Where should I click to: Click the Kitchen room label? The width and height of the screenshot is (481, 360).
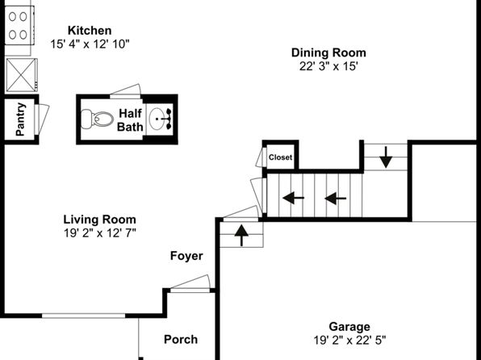pos(90,31)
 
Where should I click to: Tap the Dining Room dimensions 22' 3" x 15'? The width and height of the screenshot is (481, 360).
pos(328,66)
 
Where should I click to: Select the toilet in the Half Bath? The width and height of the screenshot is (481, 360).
pos(97,119)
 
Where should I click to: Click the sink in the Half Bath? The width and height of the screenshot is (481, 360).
pos(161,119)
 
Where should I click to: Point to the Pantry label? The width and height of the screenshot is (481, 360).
pos(20,119)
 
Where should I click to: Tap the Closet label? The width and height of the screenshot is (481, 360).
pos(280,157)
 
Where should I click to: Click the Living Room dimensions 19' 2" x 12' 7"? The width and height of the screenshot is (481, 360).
pos(100,233)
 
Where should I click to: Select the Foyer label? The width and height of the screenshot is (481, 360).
pos(186,256)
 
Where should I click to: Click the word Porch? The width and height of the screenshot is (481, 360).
pos(181,340)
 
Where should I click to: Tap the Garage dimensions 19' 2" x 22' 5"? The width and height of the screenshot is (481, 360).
pos(349,340)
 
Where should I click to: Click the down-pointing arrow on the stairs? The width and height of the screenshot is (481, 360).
pos(386,157)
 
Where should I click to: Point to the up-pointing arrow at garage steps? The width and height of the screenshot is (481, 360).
pos(242,236)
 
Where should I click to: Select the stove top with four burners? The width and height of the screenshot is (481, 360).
pos(19,26)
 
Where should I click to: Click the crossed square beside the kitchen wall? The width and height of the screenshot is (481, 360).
pos(22,75)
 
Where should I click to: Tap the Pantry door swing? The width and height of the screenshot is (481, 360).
pos(42,119)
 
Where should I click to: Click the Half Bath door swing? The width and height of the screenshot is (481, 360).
pos(125,91)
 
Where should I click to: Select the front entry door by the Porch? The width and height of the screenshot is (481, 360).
pos(190,283)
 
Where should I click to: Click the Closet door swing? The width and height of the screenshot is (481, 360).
pos(261,157)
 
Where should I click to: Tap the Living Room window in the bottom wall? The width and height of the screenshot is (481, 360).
pos(83,316)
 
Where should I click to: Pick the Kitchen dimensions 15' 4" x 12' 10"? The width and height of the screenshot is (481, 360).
pos(90,44)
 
